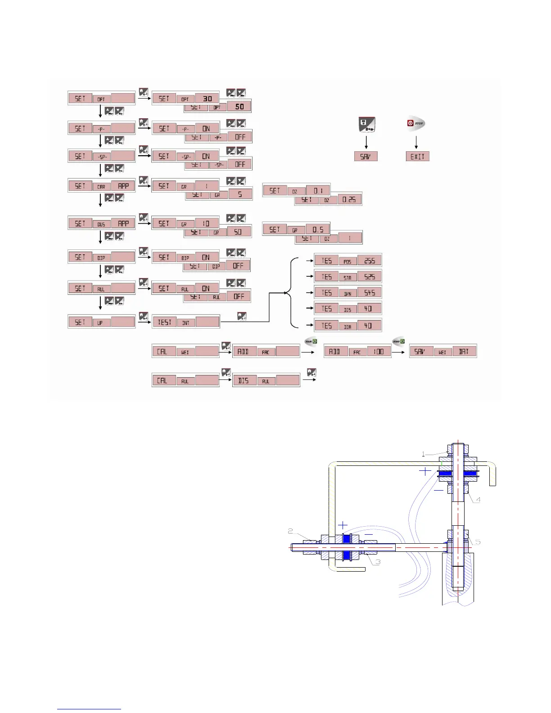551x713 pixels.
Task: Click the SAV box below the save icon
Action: tap(366, 156)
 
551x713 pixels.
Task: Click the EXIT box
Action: tap(417, 156)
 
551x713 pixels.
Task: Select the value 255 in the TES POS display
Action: tap(370, 261)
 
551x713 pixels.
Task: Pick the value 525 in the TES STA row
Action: tap(370, 277)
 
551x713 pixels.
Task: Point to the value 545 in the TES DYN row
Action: tap(370, 293)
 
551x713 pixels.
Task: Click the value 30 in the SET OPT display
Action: tap(207, 99)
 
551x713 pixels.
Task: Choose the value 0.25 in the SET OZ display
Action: tap(349, 199)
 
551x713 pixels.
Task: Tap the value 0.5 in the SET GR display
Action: tap(318, 230)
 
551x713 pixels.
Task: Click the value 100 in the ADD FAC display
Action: tap(379, 351)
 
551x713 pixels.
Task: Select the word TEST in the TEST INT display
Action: tap(164, 322)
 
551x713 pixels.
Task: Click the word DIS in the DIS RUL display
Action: tap(244, 380)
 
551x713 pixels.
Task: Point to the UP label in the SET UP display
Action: tap(100, 323)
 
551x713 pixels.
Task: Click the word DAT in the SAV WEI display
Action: tap(464, 351)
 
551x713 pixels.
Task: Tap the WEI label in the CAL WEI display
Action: tap(185, 352)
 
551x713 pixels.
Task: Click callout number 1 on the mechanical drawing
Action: tap(423, 454)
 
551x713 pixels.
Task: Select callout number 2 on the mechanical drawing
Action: tap(291, 532)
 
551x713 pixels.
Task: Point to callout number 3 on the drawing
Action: tap(379, 562)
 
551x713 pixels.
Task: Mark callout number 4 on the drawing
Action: tap(479, 500)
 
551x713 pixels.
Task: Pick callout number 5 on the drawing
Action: tap(478, 542)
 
